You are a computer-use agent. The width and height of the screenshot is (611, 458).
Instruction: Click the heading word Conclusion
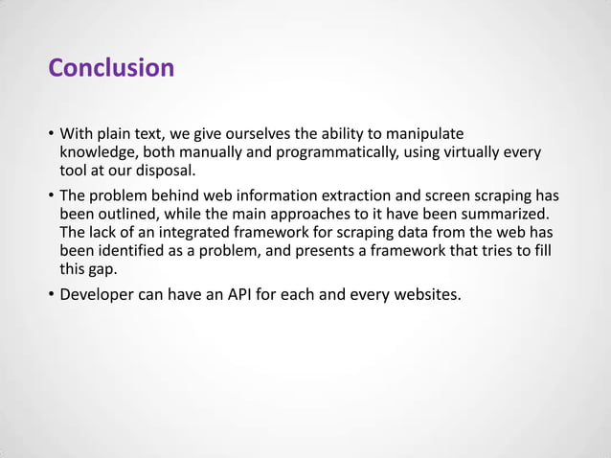111,68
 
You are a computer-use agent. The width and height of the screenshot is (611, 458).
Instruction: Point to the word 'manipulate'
424,133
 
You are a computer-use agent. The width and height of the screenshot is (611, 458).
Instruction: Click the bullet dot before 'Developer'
51,294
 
